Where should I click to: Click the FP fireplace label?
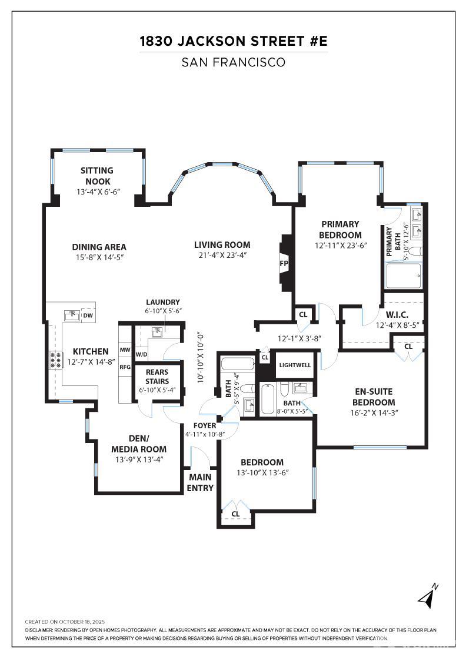(x=284, y=264)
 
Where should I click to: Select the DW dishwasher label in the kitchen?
(x=88, y=315)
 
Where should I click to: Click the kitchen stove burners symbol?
(x=55, y=360)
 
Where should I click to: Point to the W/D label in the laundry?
(x=142, y=355)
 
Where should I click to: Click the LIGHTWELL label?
(x=295, y=365)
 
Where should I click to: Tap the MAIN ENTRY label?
(x=200, y=482)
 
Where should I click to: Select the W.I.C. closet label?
(x=397, y=315)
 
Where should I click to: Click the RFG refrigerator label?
(x=125, y=367)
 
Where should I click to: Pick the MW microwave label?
(x=125, y=350)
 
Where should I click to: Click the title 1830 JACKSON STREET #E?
(x=234, y=41)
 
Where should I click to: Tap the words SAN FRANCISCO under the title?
(x=234, y=62)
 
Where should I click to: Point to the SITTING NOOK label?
(x=97, y=176)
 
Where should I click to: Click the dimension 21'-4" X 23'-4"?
(x=222, y=255)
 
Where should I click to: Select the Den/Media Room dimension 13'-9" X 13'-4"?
(x=139, y=459)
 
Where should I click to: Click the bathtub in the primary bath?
(x=404, y=276)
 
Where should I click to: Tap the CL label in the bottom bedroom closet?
(x=236, y=514)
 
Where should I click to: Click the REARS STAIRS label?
(x=157, y=377)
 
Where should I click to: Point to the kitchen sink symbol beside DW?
(x=72, y=315)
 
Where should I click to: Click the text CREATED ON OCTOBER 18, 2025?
(x=65, y=622)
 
